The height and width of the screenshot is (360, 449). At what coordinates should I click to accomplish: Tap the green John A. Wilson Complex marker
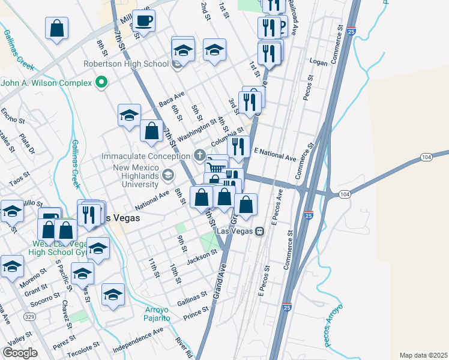(x=102, y=82)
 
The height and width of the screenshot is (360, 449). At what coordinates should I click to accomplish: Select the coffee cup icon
(x=144, y=21)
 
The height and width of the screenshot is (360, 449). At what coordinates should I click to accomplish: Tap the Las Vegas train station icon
(x=259, y=231)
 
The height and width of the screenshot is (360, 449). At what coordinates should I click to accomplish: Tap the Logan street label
(x=318, y=61)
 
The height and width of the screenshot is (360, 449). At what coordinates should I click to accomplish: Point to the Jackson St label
(x=200, y=256)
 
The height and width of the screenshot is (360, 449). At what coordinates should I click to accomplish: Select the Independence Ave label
(x=139, y=338)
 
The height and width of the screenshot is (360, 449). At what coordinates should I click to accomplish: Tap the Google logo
(x=20, y=353)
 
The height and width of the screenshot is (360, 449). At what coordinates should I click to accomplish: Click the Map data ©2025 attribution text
(x=424, y=355)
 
